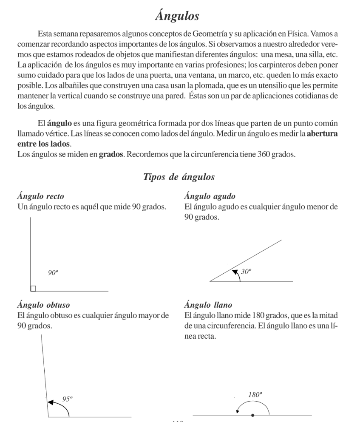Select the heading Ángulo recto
click(x=41, y=197)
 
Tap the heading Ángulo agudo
click(x=210, y=197)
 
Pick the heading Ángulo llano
click(x=209, y=305)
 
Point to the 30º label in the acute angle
click(x=247, y=271)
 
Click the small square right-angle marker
click(x=34, y=289)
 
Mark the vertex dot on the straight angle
click(x=253, y=414)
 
